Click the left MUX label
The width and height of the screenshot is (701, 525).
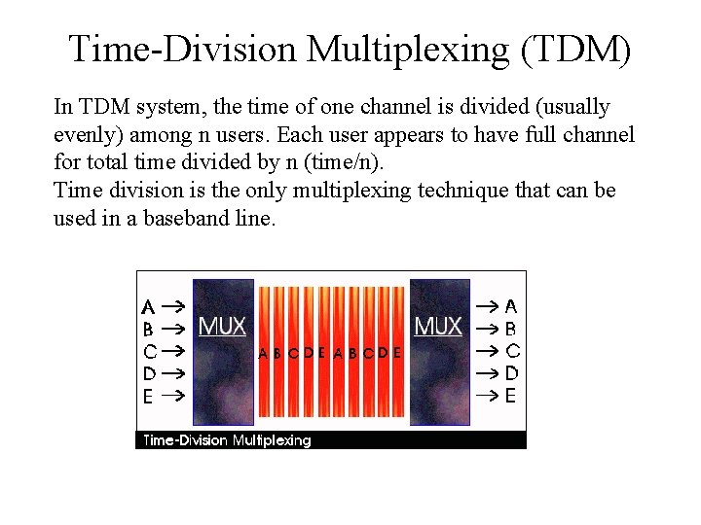pyautogui.click(x=222, y=326)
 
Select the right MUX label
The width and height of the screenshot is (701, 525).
pyautogui.click(x=438, y=326)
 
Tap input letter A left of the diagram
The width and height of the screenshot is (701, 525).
pyautogui.click(x=148, y=305)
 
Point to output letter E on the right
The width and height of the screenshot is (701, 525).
pyautogui.click(x=511, y=396)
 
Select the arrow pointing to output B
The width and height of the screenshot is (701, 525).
pyautogui.click(x=487, y=328)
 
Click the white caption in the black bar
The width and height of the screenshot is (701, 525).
pyautogui.click(x=227, y=440)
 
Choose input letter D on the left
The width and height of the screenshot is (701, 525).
pyautogui.click(x=149, y=372)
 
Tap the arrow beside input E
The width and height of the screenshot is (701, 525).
pyautogui.click(x=172, y=396)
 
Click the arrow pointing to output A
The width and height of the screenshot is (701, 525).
pyautogui.click(x=487, y=305)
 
